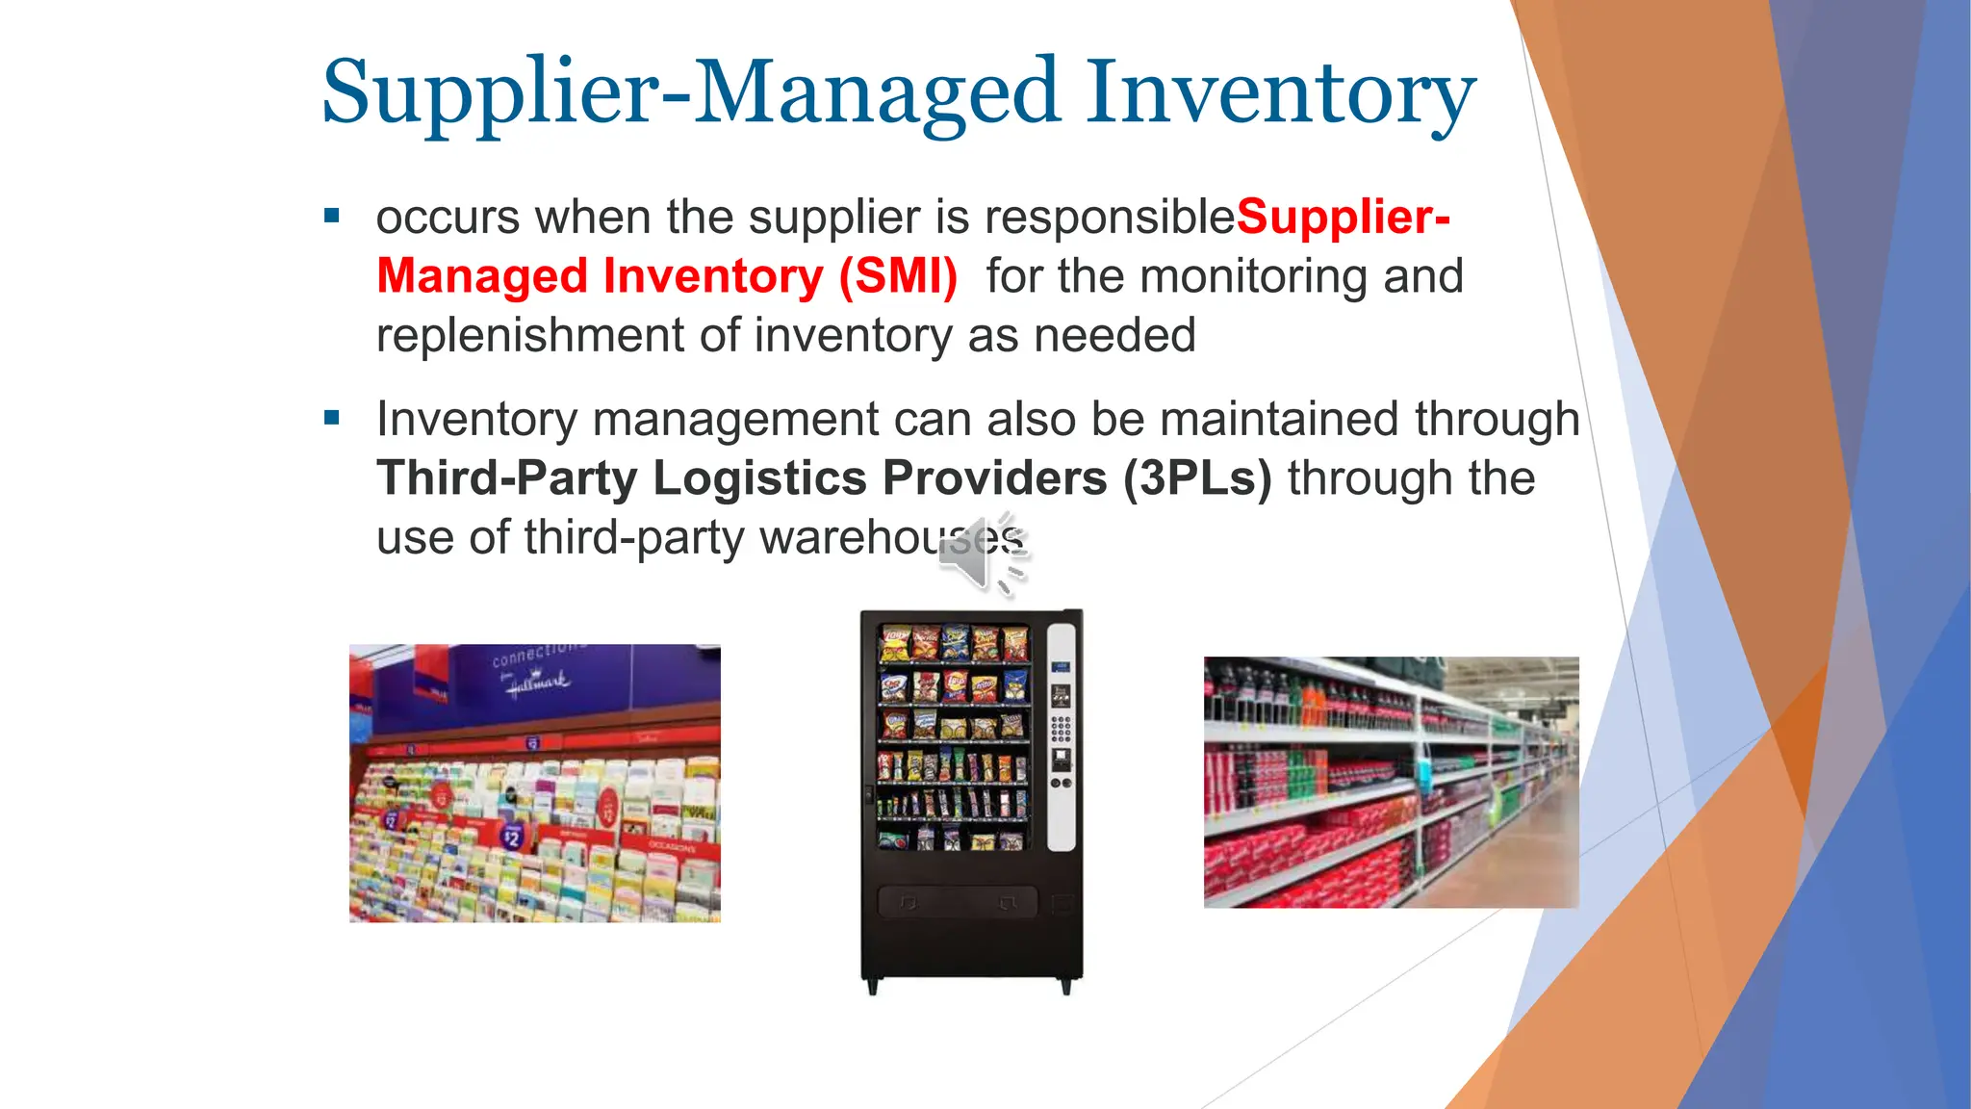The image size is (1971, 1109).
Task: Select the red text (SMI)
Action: (897, 277)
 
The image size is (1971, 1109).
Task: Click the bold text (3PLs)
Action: (1196, 478)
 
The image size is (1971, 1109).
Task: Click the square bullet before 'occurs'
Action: (332, 217)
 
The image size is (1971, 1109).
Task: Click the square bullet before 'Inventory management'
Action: (332, 418)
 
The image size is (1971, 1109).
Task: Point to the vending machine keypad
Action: (1061, 729)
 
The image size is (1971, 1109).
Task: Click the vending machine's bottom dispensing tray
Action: (958, 903)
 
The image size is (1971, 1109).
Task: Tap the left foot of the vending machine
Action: (872, 987)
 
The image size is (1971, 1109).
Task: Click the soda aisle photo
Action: (1391, 782)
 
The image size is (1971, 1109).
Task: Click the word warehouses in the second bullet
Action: (891, 538)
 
